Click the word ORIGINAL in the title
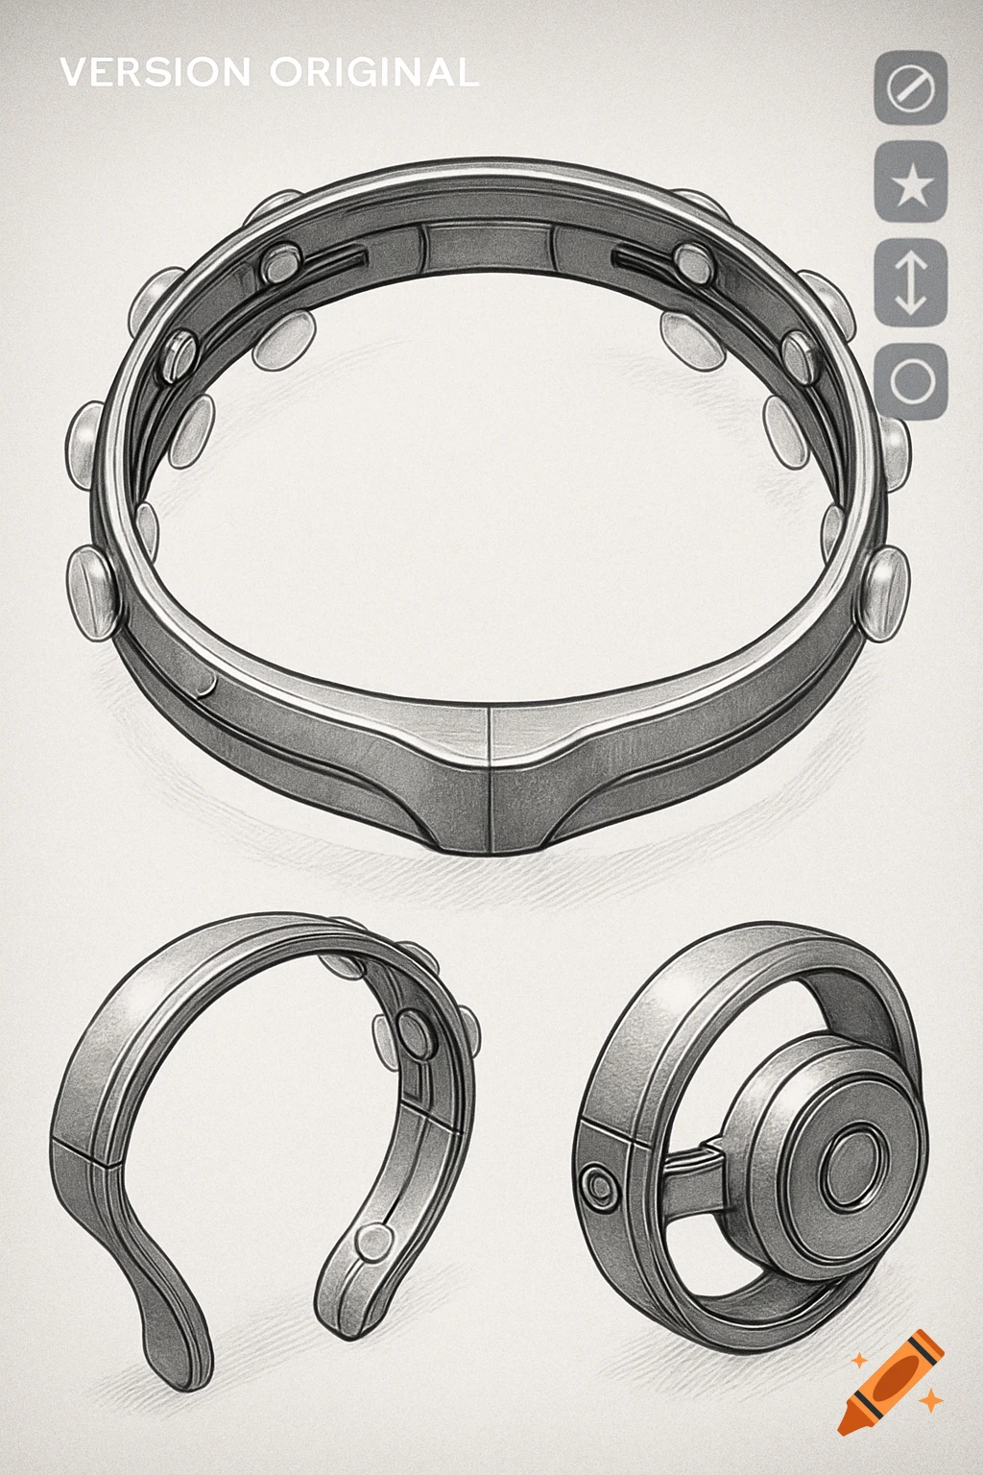(x=374, y=73)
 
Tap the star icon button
(x=911, y=184)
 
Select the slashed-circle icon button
(x=911, y=88)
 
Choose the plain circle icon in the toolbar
(x=911, y=381)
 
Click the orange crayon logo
(x=891, y=1381)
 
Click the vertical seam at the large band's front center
(x=491, y=778)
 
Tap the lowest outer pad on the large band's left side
(x=91, y=592)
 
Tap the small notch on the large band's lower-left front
(x=207, y=684)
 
